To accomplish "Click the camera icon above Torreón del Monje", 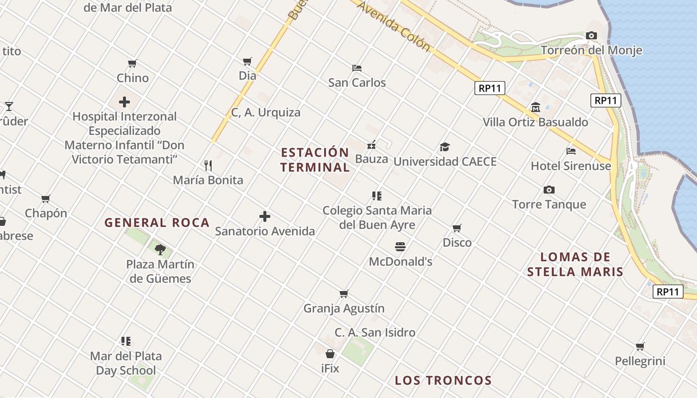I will pos(591,35).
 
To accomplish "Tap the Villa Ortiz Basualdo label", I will pos(535,122).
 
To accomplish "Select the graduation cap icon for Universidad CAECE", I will pos(445,147).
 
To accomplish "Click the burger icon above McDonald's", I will pos(400,247).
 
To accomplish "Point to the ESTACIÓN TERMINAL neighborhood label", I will pos(315,160).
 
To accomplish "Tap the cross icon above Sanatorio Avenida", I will pos(265,216).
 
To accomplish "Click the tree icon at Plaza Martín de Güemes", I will pos(160,249).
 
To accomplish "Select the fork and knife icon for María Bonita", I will pos(208,165).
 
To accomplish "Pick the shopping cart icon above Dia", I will pos(247,61).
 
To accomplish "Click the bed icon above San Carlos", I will pos(356,68).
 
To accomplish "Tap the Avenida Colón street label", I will pos(393,25).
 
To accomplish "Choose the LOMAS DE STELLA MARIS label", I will pos(575,264).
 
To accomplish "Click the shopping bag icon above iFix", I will pos(330,354).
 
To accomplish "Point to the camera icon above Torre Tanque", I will pos(549,190).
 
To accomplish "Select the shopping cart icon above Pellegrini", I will pos(640,346).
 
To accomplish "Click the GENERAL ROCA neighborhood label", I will pos(157,223).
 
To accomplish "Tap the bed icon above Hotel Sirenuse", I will pos(571,151).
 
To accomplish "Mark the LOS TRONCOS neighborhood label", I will pos(443,381).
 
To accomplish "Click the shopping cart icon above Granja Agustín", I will pos(344,294).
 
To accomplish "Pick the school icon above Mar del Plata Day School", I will pos(126,341).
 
